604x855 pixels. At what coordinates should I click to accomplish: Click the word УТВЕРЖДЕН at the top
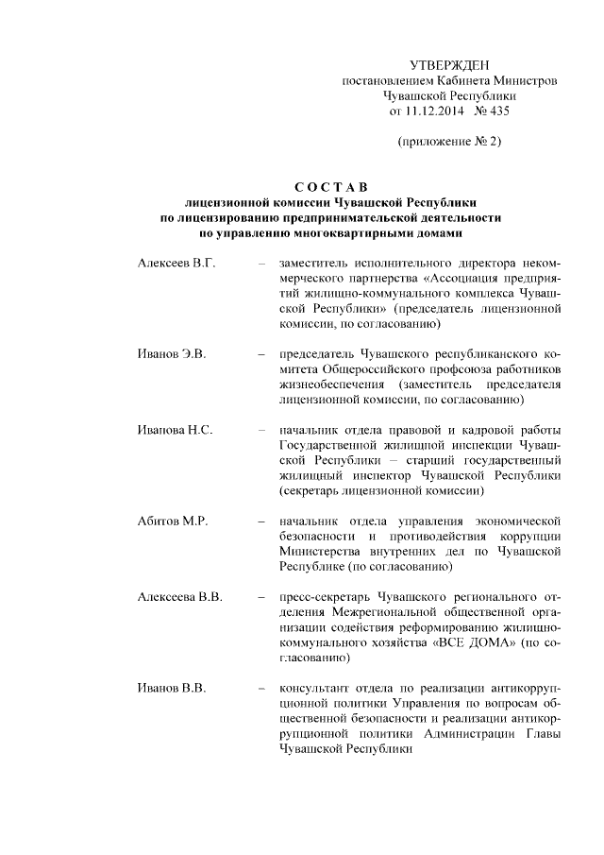pyautogui.click(x=450, y=65)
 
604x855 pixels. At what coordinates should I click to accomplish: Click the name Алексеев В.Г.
pyautogui.click(x=176, y=262)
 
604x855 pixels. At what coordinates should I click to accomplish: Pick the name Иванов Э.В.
pyautogui.click(x=171, y=353)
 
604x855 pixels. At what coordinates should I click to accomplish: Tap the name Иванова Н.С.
pyautogui.click(x=175, y=430)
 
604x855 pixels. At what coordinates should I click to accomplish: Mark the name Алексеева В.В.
pyautogui.click(x=179, y=597)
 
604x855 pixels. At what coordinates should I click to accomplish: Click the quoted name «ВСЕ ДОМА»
pyautogui.click(x=477, y=642)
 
